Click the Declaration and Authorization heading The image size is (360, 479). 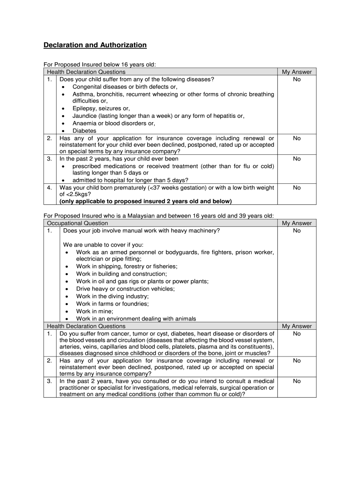pos(95,45)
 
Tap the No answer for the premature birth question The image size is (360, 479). pos(296,188)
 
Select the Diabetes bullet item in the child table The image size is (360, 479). pos(84,131)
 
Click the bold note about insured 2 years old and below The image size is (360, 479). pos(145,201)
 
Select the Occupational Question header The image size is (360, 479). pos(78,223)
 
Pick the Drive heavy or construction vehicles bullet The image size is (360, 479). pos(125,289)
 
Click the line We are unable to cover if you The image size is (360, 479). pos(103,245)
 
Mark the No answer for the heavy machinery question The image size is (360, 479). pos(296,231)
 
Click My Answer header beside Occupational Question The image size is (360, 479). pos(296,223)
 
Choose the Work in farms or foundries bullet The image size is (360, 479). pos(113,304)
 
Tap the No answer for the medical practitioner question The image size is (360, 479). pos(296,381)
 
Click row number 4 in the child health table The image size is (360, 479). pos(50,188)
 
